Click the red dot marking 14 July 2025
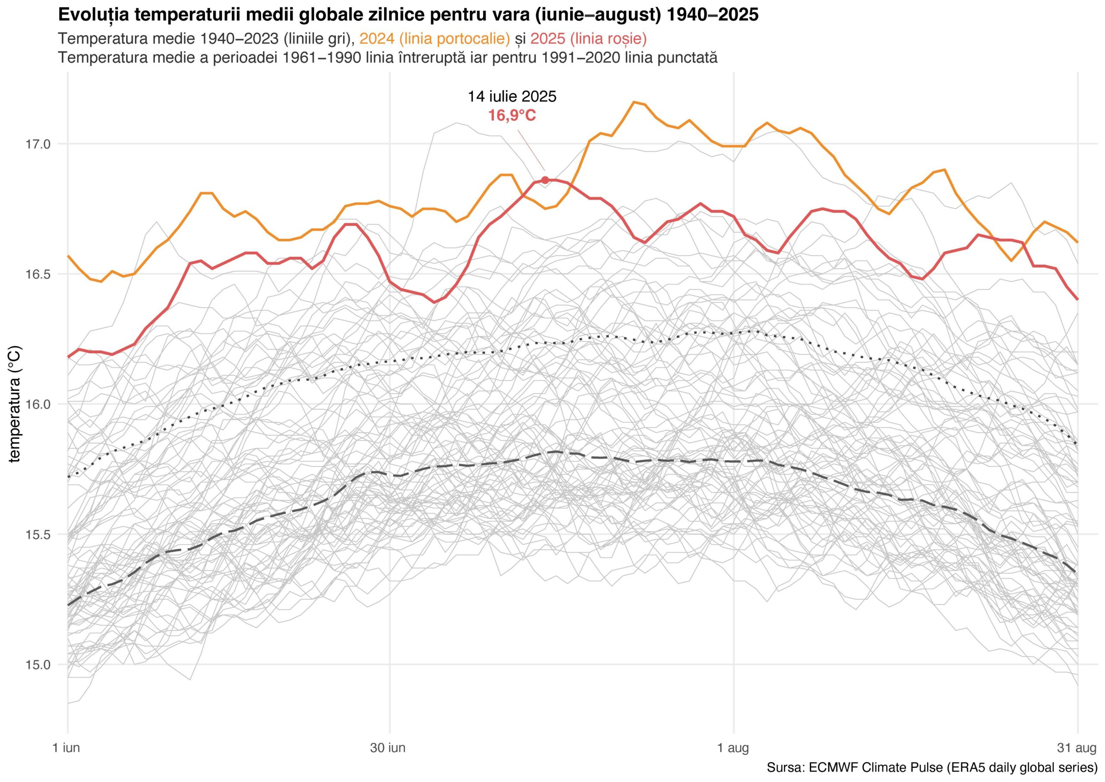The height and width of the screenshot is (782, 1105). [545, 180]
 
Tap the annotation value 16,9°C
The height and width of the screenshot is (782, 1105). [512, 116]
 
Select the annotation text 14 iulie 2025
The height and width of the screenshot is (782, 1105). [512, 97]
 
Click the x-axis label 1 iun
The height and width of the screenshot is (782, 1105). [66, 748]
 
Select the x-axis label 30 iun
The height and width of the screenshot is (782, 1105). [388, 748]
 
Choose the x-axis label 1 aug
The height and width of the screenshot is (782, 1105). [733, 748]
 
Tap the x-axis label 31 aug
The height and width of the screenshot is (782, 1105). [1077, 748]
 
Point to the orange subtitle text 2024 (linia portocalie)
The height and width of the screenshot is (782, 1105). [435, 38]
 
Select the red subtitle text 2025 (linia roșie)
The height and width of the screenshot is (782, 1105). [589, 38]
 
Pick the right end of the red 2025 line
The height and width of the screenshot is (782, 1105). [1077, 299]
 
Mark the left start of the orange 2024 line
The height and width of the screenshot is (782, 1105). [68, 256]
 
